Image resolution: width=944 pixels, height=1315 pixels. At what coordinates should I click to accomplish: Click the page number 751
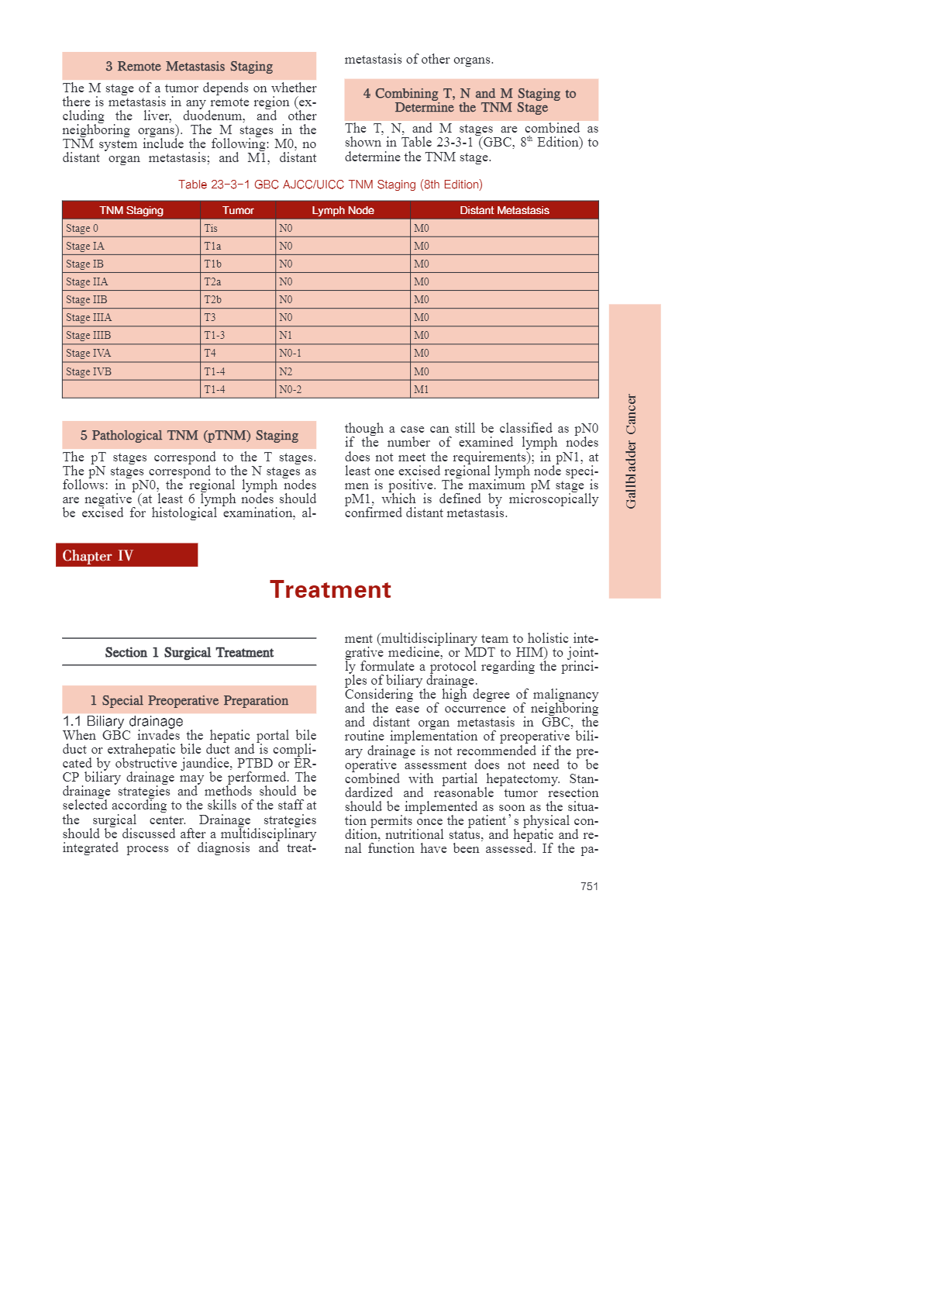(x=589, y=886)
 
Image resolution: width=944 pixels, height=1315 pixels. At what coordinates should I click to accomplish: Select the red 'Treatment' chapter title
(x=330, y=589)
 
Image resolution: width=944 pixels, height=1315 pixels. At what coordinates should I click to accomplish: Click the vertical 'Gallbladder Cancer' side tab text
(x=632, y=451)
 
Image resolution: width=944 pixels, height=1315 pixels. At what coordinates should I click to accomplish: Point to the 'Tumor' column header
(x=238, y=210)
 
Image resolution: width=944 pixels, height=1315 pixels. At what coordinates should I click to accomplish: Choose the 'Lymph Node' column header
(x=343, y=210)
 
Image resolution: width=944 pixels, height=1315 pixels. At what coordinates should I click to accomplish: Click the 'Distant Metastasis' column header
(x=504, y=210)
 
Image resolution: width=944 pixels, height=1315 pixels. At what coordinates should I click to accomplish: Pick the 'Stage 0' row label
(x=82, y=228)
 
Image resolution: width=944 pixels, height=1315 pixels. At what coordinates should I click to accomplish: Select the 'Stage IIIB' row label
(x=88, y=335)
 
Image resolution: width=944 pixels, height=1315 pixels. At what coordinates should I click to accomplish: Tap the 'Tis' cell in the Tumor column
(x=211, y=228)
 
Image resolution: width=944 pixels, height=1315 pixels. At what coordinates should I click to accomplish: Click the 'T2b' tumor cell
(x=212, y=299)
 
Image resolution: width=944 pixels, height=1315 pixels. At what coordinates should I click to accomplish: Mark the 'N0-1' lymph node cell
(x=290, y=353)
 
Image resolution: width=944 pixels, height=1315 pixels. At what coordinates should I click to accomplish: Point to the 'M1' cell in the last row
(x=421, y=389)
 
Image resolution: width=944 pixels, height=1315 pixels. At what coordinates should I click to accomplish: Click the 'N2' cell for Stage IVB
(x=286, y=371)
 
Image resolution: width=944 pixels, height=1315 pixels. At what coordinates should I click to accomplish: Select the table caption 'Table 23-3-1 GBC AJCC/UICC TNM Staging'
(x=330, y=185)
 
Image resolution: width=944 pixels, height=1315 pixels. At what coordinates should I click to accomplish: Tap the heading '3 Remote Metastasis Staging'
(x=189, y=67)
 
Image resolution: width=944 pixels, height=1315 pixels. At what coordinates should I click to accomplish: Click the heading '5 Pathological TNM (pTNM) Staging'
(x=189, y=436)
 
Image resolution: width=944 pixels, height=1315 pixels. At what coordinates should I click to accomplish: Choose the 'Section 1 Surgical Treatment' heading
(x=189, y=653)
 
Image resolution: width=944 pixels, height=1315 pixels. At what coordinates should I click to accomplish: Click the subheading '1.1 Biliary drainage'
(x=123, y=721)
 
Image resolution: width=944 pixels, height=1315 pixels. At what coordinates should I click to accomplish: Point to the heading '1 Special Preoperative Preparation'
(x=189, y=701)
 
